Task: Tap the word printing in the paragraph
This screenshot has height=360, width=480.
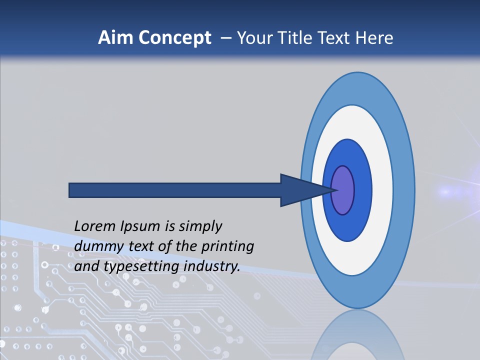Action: tap(227, 246)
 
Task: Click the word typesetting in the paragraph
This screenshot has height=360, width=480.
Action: tap(142, 266)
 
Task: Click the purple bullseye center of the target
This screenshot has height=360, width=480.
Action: tap(344, 190)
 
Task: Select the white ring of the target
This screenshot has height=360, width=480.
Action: tap(382, 190)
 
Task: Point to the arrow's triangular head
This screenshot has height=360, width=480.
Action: tap(300, 190)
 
